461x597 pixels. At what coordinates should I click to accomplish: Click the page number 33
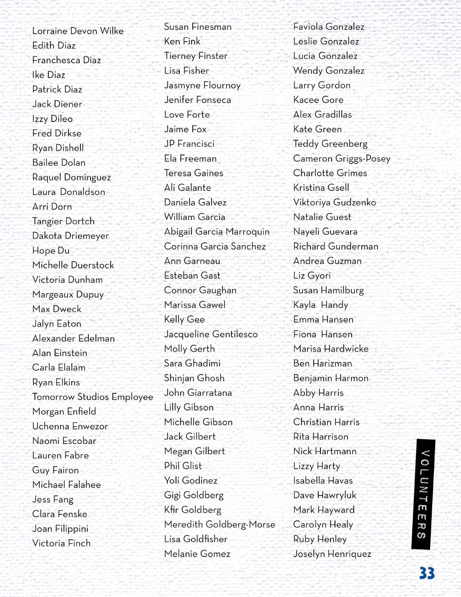pos(427,573)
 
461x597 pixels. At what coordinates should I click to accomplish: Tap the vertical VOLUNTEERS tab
pos(423,494)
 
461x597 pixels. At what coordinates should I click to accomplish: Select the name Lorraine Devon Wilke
pos(78,31)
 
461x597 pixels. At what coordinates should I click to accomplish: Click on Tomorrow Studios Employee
pos(93,397)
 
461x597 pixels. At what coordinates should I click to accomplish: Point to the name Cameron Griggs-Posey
pos(342,159)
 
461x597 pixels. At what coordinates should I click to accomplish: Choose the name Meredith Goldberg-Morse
pos(219,524)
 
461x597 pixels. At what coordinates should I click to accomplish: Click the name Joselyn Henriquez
pos(332,554)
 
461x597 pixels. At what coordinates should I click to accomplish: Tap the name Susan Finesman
pos(198,27)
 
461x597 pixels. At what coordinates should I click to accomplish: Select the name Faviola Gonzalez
pos(329,27)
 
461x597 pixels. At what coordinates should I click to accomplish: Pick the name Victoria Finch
pos(61,543)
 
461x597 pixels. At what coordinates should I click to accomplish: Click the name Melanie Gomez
pos(197,554)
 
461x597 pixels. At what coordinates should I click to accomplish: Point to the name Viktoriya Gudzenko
pos(335,202)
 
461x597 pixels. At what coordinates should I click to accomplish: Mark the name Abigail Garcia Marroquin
pos(217,232)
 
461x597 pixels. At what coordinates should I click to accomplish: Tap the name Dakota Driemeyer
pos(71,236)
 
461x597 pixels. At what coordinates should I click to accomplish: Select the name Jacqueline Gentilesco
pos(211,334)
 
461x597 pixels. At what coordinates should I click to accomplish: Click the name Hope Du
pos(51,250)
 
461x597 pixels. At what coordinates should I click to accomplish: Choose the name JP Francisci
pos(189,144)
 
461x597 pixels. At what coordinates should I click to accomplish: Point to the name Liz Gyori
pos(312,276)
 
